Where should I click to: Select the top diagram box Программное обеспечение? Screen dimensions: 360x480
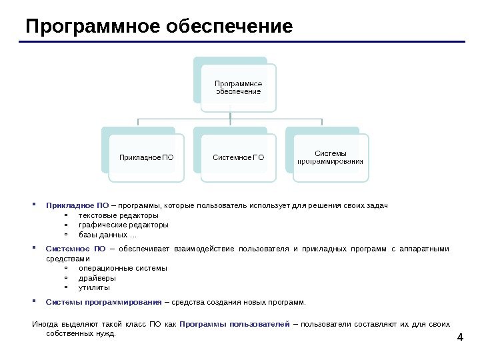point(238,87)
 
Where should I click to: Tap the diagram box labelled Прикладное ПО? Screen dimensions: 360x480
point(146,158)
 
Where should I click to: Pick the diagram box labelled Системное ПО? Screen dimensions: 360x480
point(238,158)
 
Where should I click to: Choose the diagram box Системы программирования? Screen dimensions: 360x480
point(330,157)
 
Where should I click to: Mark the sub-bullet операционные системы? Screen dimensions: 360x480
point(123,268)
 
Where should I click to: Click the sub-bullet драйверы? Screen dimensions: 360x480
point(97,278)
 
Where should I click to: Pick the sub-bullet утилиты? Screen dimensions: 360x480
point(94,287)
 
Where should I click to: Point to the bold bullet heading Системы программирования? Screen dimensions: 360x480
point(104,302)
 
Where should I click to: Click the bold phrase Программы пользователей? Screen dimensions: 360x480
point(235,324)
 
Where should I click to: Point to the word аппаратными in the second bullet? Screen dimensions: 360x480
point(425,249)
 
